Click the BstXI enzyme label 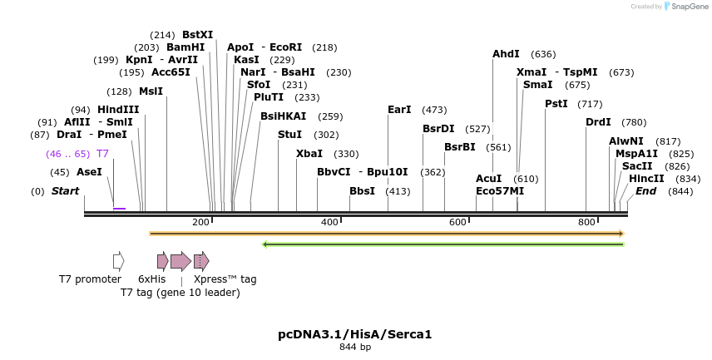point(197,35)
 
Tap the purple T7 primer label point(102,154)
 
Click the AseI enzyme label point(89,172)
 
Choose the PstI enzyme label point(556,104)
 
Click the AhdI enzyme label point(506,54)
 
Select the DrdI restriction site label point(598,122)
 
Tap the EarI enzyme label point(399,110)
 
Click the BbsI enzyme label point(362,191)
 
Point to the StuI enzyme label point(290,135)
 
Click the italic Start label point(66,191)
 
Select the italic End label point(646,191)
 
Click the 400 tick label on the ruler point(329,222)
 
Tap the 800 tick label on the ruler point(586,222)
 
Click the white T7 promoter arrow point(118,261)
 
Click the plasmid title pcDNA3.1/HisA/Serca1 point(355,334)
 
